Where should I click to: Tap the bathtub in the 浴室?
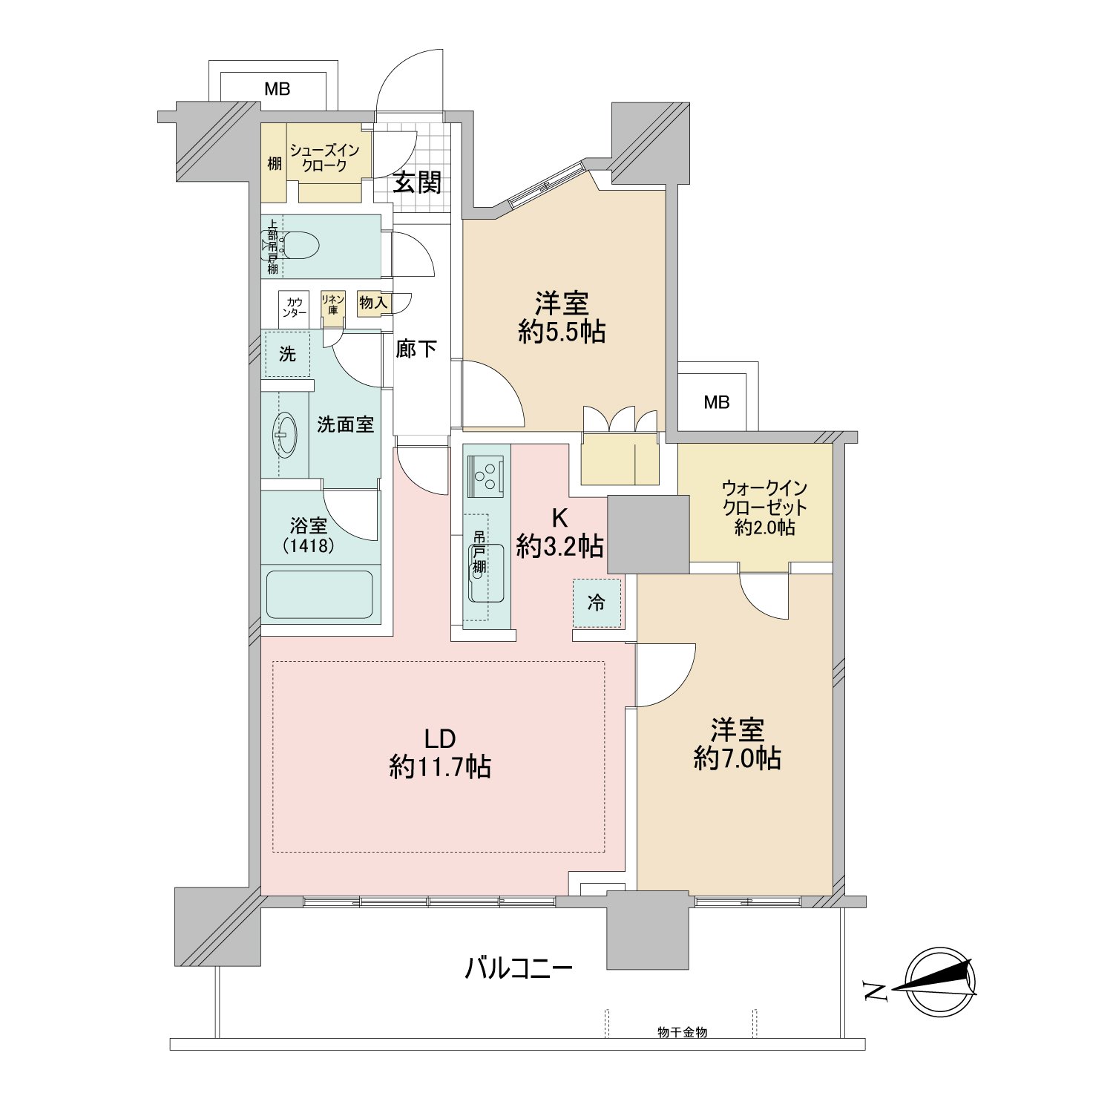tap(319, 594)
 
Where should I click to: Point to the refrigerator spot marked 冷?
tap(597, 603)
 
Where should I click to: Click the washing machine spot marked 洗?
tap(287, 354)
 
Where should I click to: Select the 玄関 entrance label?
tap(417, 183)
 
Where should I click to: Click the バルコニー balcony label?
tap(519, 969)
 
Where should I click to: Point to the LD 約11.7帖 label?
tap(440, 753)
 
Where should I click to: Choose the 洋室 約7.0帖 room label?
tap(737, 744)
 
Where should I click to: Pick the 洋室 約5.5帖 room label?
tap(562, 318)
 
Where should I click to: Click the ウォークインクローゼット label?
tap(764, 508)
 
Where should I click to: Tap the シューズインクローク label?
tap(324, 158)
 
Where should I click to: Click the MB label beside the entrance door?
tap(278, 90)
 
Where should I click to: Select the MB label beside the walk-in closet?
tap(717, 402)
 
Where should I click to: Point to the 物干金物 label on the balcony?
tap(682, 1032)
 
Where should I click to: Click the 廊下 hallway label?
tap(416, 349)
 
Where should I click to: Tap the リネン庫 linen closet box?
tap(332, 304)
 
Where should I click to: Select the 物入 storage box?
tap(373, 303)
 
